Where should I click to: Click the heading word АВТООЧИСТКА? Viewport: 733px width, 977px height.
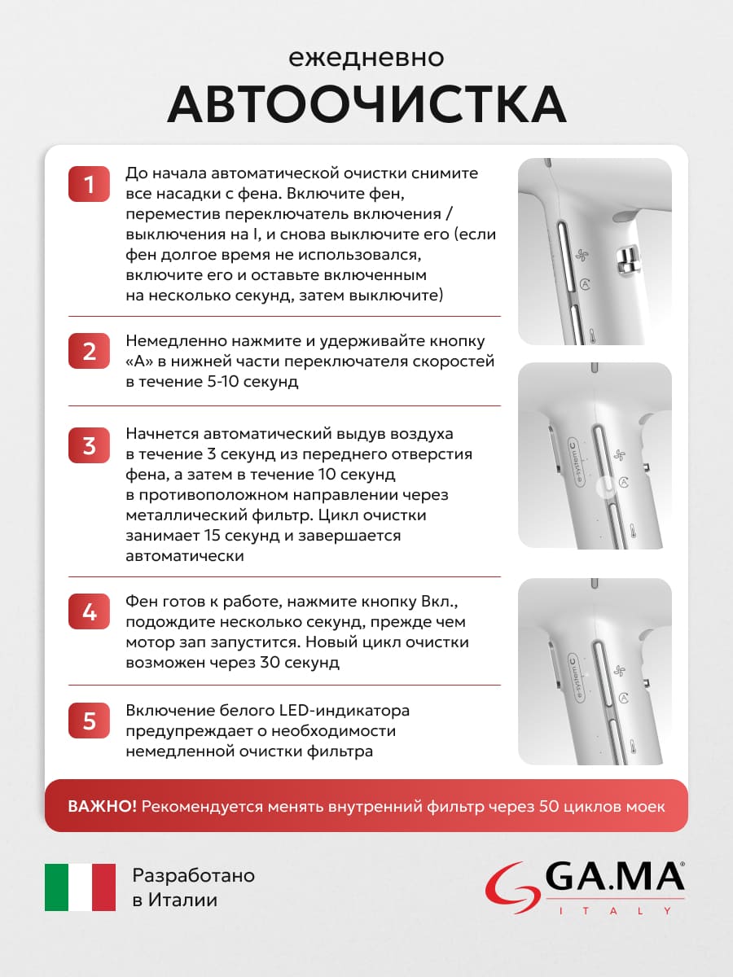click(366, 103)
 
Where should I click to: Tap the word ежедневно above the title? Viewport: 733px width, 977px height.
click(366, 59)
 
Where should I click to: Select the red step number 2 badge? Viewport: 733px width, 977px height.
click(90, 352)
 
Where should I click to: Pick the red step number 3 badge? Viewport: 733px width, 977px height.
click(90, 446)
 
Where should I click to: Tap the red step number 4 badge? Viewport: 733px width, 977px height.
click(90, 612)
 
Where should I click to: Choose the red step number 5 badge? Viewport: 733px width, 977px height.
click(90, 721)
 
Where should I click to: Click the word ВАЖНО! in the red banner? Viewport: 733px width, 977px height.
click(103, 806)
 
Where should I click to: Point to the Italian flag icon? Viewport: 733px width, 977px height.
click(80, 887)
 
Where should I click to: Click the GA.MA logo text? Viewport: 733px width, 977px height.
click(615, 878)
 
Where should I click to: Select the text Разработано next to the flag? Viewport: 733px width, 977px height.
click(193, 876)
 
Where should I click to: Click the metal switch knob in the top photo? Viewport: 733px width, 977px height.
click(628, 260)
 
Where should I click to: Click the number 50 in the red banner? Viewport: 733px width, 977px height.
click(549, 806)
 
